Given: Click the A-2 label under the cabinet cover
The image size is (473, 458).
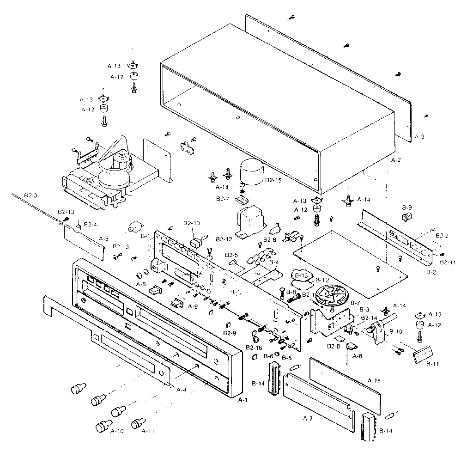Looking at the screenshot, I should pos(396,160).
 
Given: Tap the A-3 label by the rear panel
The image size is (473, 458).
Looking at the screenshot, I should pos(419,136).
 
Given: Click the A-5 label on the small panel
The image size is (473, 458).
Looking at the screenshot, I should pos(104,239).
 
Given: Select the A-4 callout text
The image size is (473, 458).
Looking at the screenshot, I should pos(182,389).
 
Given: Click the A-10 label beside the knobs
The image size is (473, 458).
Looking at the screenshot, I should pos(117,431).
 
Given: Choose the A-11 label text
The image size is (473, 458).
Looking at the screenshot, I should pos(148,431).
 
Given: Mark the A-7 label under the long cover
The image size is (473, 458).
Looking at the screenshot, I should pos(308,418).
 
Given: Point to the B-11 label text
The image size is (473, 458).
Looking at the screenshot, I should pos(432,364).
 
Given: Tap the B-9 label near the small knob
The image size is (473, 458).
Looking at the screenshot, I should pos(407,207).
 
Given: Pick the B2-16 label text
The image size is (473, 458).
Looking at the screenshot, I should pos(254,347).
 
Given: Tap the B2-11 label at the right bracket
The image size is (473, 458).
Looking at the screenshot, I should pos(448,262).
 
